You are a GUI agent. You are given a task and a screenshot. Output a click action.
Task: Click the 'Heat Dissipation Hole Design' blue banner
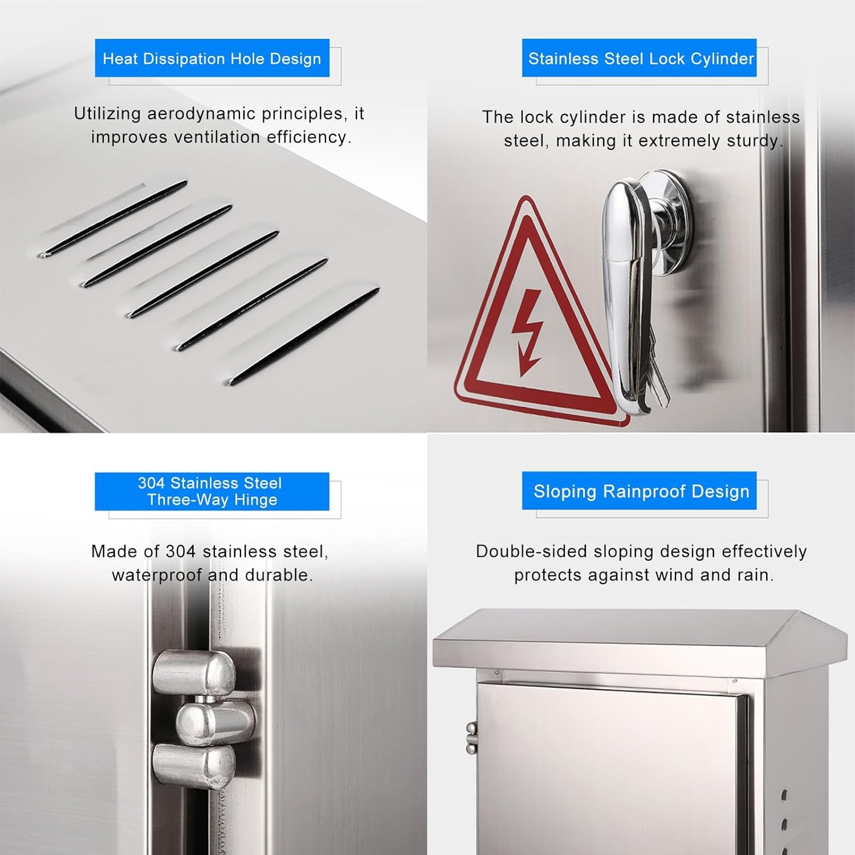click(x=212, y=58)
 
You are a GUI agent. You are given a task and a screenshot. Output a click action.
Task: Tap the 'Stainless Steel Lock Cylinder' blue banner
click(x=640, y=58)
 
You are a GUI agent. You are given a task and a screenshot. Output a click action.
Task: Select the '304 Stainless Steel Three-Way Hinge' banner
click(x=212, y=491)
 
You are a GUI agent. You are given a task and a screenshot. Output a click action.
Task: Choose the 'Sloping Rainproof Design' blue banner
click(x=640, y=491)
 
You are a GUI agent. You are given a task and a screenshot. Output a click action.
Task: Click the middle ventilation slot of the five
click(x=202, y=274)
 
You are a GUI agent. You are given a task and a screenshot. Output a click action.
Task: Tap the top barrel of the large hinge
click(x=194, y=673)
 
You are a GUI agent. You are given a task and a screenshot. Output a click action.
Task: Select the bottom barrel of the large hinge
click(x=194, y=767)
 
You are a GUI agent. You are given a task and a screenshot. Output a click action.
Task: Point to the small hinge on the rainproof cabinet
click(x=471, y=738)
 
